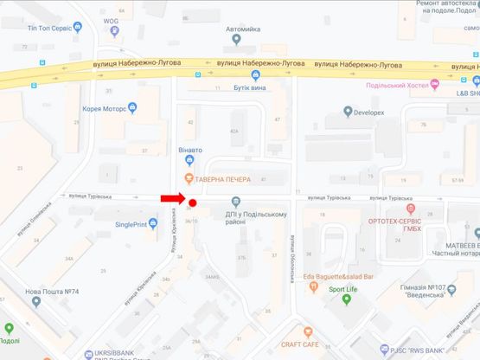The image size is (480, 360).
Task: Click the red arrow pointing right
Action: [171, 199]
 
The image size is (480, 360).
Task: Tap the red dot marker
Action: [194, 204]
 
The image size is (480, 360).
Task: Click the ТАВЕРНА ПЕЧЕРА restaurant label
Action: [221, 179]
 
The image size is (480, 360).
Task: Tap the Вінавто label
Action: [190, 150]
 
